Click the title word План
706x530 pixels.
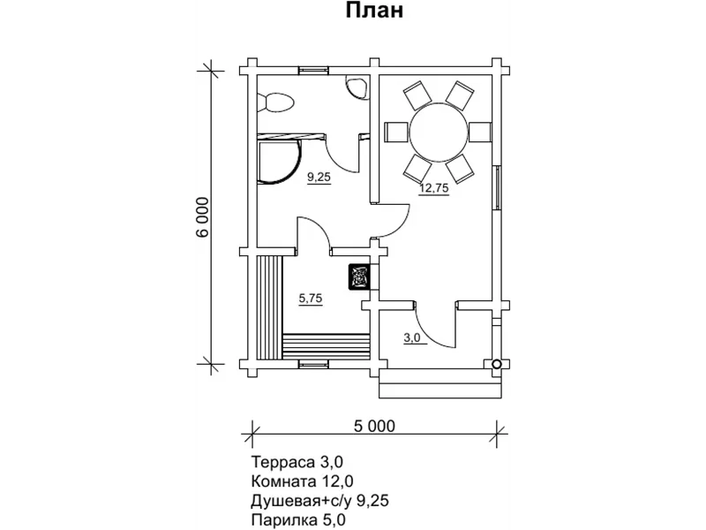click(374, 11)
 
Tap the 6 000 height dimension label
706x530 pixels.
click(203, 217)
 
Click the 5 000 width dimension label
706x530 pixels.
click(374, 426)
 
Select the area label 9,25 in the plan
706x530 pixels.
click(319, 178)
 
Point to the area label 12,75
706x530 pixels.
click(434, 188)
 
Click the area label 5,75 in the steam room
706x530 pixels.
click(311, 299)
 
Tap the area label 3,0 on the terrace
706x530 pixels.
click(415, 338)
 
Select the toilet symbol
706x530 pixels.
click(275, 102)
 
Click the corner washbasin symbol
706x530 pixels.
click(357, 86)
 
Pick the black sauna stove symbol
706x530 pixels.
click(359, 276)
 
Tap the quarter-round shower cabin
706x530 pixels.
click(278, 161)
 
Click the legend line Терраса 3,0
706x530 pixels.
click(297, 462)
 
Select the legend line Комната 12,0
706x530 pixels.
click(302, 481)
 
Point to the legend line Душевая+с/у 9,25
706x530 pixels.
click(319, 501)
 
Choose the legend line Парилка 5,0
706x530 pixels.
click(298, 520)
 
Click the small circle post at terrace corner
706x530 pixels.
click(497, 364)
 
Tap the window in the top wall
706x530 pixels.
click(314, 70)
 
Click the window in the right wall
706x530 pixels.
click(498, 187)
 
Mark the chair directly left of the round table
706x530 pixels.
click(395, 132)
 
